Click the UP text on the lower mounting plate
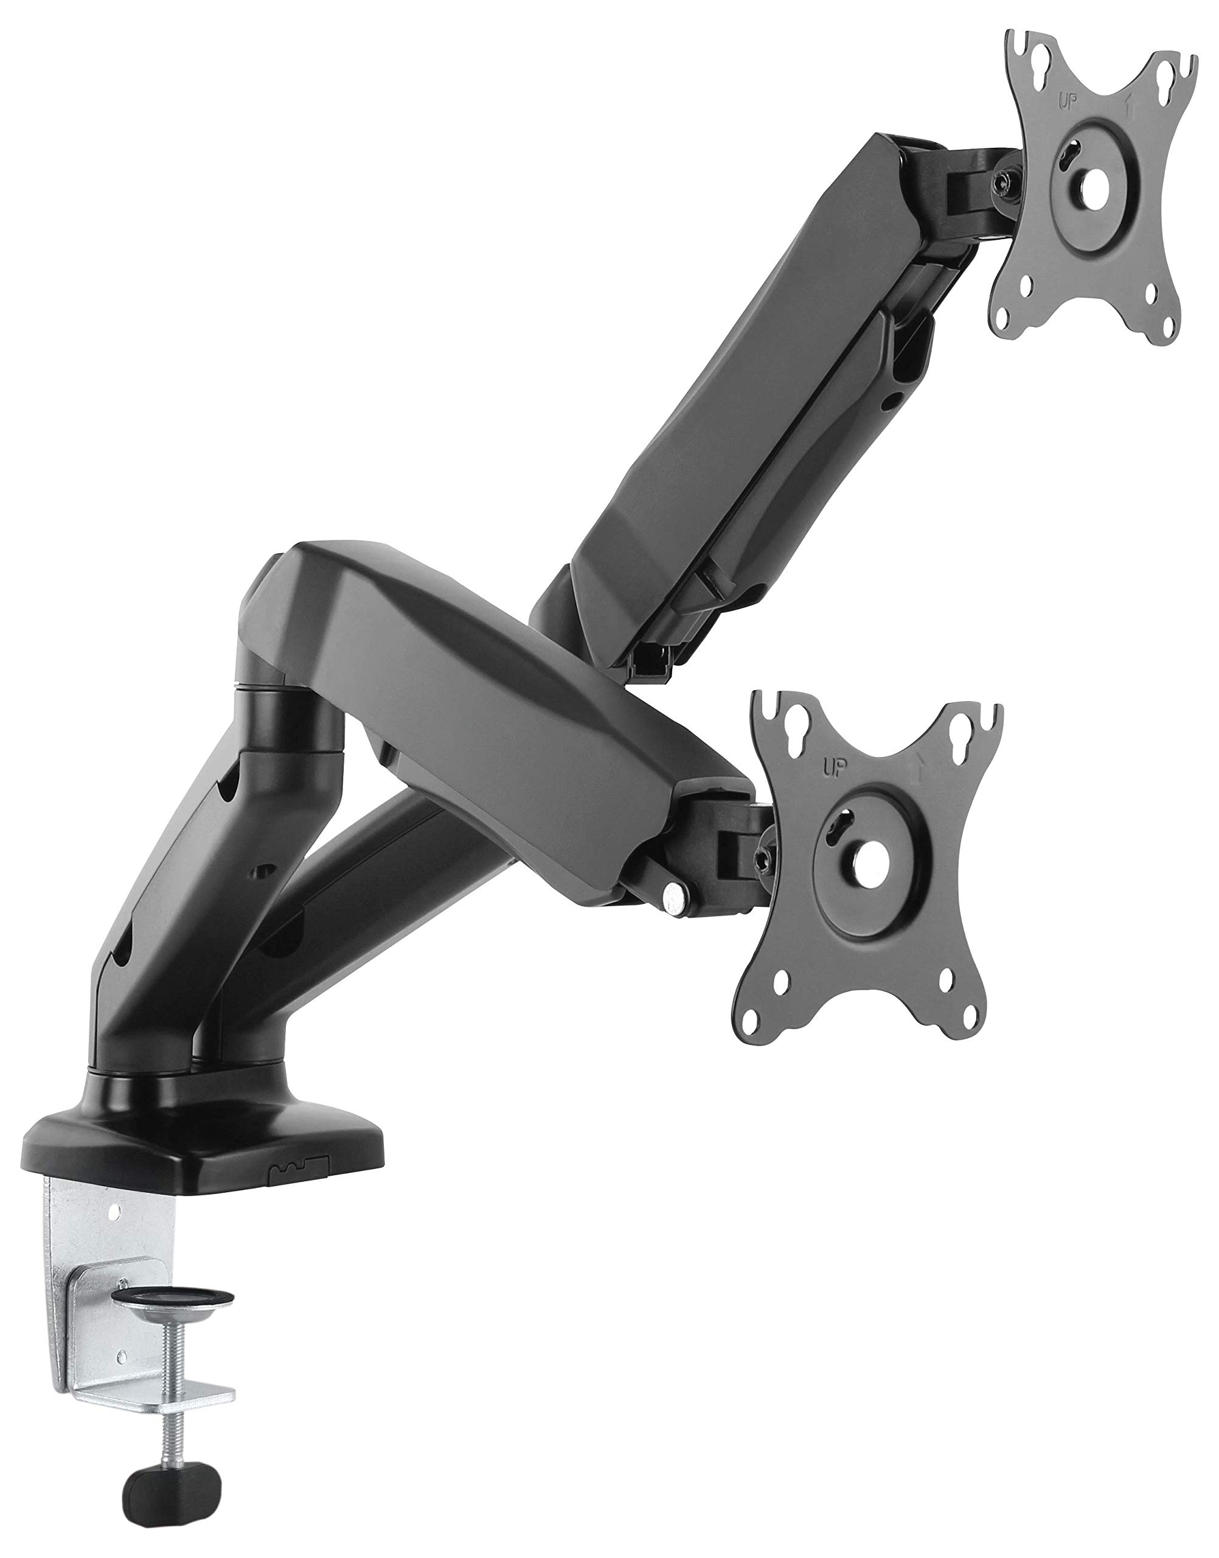pyautogui.click(x=833, y=769)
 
